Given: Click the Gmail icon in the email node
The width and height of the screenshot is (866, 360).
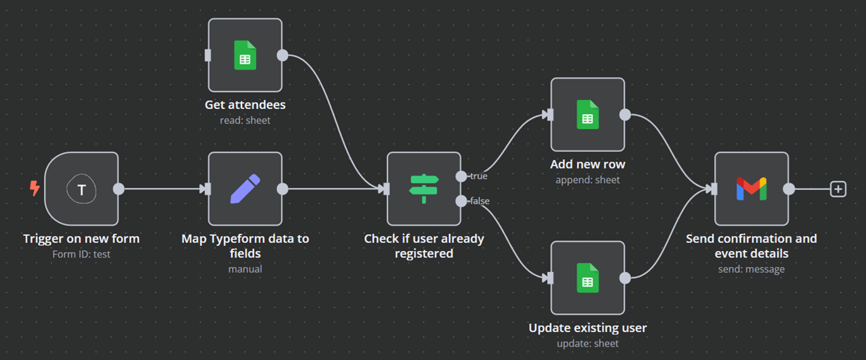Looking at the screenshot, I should pos(751,189).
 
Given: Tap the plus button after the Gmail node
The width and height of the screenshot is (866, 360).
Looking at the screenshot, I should pos(838,189).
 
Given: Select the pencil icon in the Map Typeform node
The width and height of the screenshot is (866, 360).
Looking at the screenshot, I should pos(245,189).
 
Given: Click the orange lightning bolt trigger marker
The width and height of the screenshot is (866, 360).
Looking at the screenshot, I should pos(35,188).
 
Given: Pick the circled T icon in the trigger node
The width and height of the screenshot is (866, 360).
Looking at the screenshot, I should pos(81,189).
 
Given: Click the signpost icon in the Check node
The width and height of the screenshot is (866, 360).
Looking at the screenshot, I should pos(423,189).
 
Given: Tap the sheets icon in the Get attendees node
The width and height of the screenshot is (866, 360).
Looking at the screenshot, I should pos(245,55).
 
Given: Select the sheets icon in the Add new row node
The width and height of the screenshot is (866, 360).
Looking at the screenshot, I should pos(588,115).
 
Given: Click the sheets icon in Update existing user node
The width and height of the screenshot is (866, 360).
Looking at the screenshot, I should pos(588,278).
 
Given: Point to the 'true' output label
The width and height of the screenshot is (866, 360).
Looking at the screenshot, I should pos(479,176).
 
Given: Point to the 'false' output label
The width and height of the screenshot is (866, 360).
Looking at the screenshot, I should pos(479,201).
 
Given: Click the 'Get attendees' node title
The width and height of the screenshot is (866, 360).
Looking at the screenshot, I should pos(245,105).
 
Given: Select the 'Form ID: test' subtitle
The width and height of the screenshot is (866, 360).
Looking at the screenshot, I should pos(81,254).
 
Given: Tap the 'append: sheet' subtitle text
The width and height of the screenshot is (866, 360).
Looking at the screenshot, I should pos(588,179).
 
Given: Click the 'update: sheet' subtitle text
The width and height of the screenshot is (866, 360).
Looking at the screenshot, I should pos(588,344).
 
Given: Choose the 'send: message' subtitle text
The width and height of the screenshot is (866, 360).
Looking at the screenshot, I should pos(751,269).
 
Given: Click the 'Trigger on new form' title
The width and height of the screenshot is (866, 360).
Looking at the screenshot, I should pos(81,239).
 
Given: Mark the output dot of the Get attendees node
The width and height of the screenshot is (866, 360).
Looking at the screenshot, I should pos(283,55).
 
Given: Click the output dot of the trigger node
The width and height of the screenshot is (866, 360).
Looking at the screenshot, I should pos(119,189).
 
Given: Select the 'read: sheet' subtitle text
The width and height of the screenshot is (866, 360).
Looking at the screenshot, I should pos(245,120).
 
